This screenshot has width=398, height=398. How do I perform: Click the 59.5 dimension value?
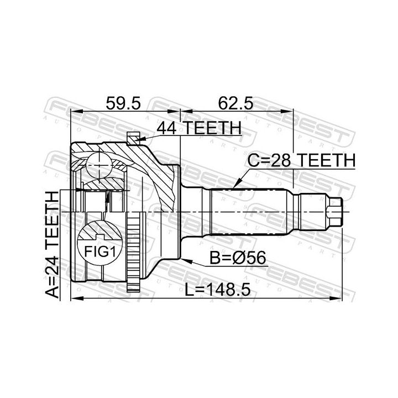(123, 103)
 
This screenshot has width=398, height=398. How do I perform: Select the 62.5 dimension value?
(236, 103)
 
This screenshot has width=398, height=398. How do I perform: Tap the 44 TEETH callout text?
(199, 128)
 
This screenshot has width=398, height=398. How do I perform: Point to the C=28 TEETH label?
(301, 160)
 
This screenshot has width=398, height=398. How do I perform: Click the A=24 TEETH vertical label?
(52, 244)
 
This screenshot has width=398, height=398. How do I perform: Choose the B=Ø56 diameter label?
(238, 258)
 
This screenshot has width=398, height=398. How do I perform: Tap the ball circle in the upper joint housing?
(99, 165)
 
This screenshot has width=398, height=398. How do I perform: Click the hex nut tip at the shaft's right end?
(335, 211)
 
